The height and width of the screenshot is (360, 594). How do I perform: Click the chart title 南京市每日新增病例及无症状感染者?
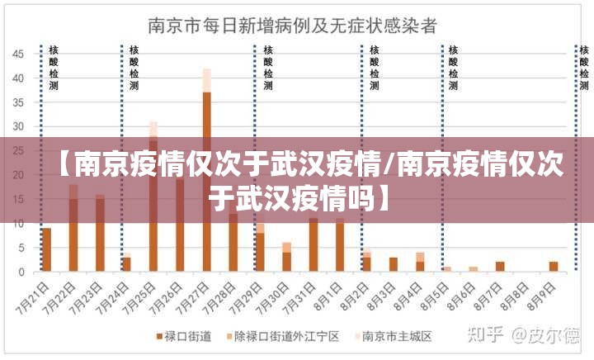292,25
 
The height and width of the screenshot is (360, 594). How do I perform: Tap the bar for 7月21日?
47,250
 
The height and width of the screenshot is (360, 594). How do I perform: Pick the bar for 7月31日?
313,244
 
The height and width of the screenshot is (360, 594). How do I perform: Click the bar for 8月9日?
554,267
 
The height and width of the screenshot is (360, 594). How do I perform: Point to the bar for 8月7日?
500,267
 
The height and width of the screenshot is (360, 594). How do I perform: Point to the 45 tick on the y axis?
17,54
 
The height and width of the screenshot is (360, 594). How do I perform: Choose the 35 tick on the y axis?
17,102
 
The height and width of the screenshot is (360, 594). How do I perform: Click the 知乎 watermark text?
486,335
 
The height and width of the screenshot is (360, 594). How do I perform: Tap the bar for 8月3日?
394,264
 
